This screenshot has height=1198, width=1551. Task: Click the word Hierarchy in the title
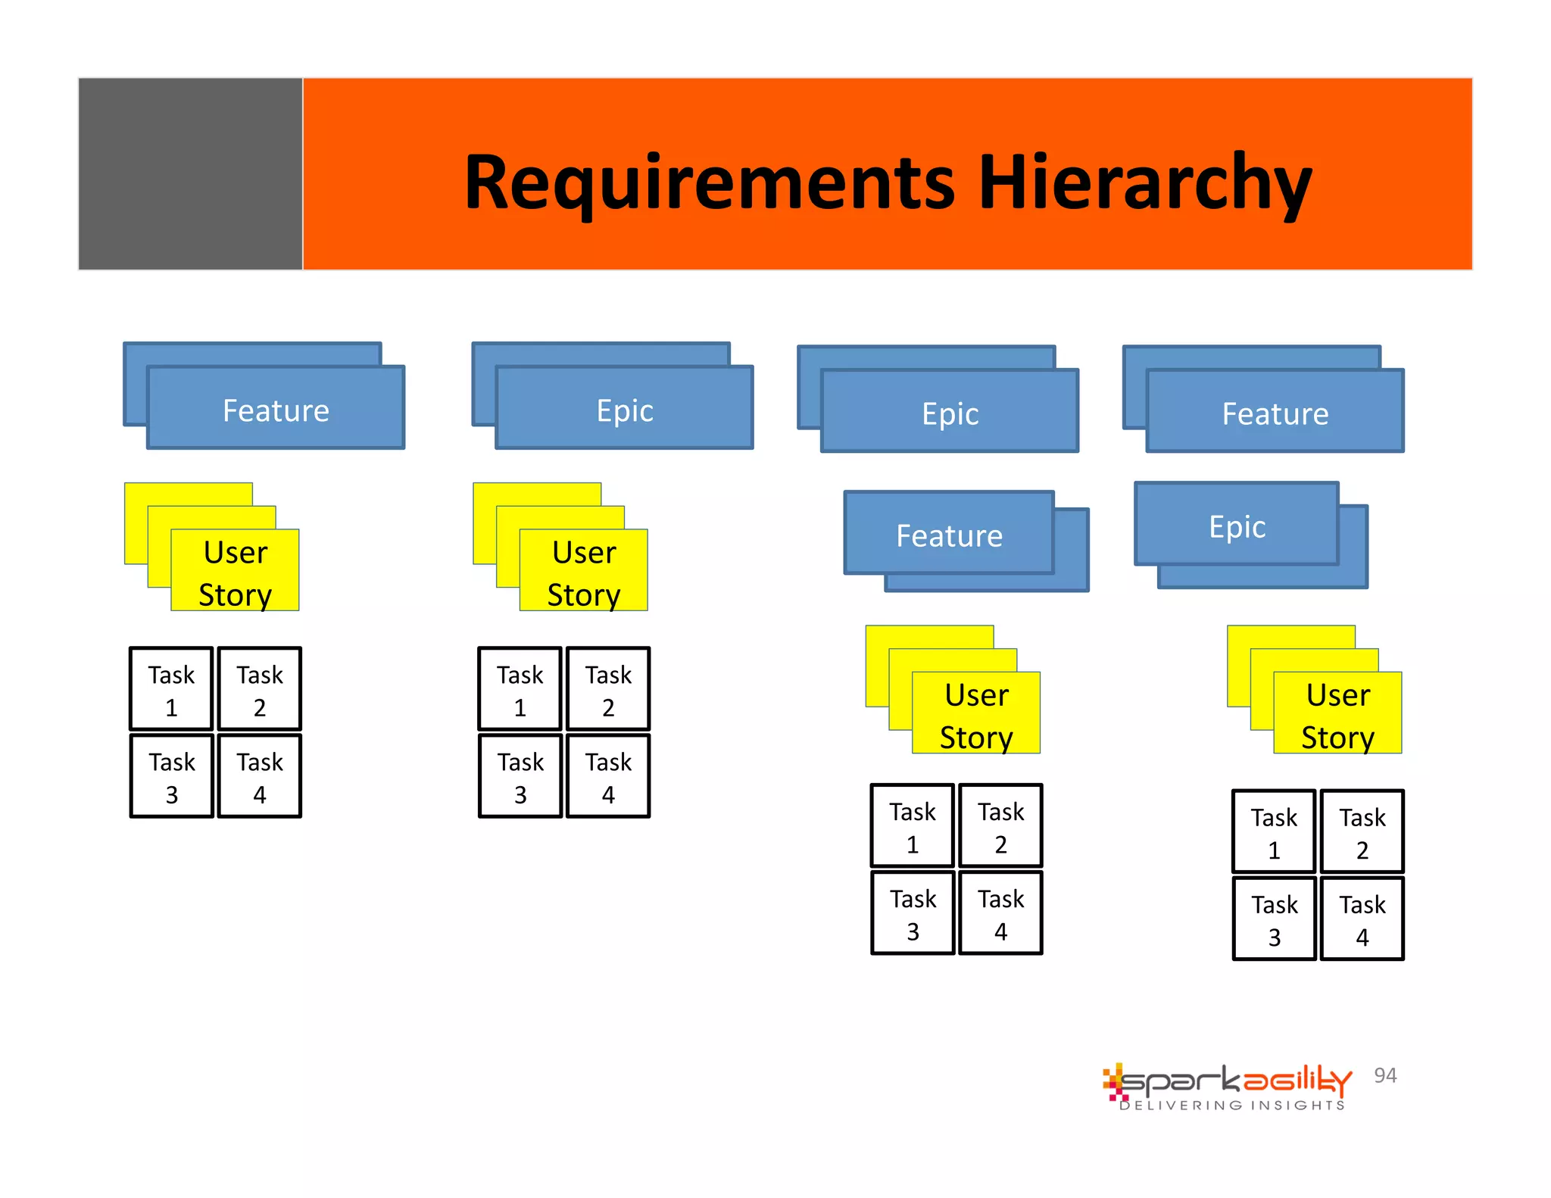tap(1144, 183)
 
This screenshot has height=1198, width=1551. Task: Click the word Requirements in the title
tap(710, 183)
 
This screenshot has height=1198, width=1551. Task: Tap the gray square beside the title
tap(190, 173)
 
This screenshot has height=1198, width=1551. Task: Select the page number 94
tap(1385, 1075)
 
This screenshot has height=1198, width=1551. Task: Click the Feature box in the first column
tap(276, 409)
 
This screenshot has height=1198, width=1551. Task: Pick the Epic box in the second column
tap(624, 409)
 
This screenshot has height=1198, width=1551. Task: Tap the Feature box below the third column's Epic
tap(949, 534)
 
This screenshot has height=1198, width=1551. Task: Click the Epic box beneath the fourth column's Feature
tap(1236, 526)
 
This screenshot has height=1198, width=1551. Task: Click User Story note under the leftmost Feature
tap(235, 572)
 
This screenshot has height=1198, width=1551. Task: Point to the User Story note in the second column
tap(583, 572)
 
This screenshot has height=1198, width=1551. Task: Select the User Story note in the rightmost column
tap(1337, 714)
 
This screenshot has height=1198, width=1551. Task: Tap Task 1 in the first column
tap(171, 689)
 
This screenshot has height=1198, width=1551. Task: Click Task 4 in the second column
tap(608, 776)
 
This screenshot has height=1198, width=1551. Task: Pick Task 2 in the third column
tap(1000, 826)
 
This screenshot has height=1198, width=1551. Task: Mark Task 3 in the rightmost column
tap(1274, 919)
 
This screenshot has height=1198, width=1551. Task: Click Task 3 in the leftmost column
tap(171, 776)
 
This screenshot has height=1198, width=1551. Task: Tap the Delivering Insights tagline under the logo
tap(1232, 1106)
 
